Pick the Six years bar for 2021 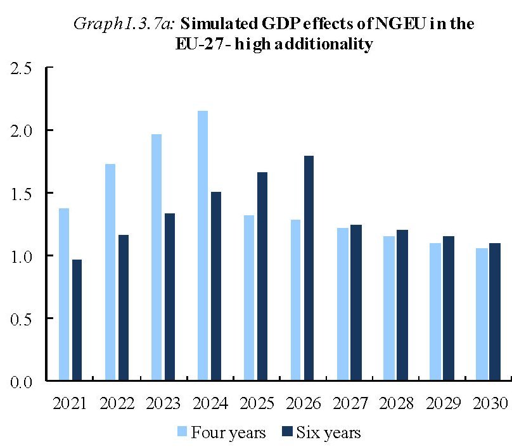pos(77,320)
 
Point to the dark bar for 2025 pos(262,276)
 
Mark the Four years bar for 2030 pos(481,314)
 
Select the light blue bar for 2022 pos(110,272)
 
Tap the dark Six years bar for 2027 pos(355,303)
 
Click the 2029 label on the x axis pos(442,403)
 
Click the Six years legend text pos(329,433)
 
